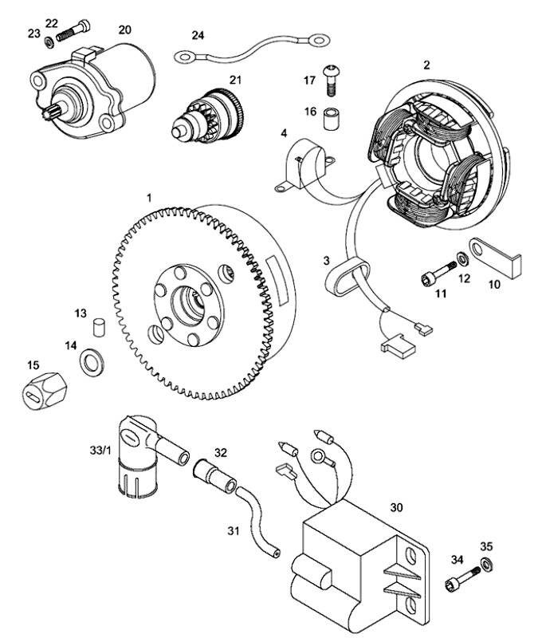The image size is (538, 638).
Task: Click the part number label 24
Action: tap(198, 35)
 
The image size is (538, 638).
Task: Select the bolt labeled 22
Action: tap(73, 30)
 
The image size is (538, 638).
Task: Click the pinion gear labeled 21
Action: tap(207, 116)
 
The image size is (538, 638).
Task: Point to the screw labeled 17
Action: tap(330, 80)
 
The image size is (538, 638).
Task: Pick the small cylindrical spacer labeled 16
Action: tap(331, 118)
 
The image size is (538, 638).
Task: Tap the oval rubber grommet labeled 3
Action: tap(348, 278)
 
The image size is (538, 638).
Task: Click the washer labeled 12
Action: tap(462, 258)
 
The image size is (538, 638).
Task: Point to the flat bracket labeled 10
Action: tap(495, 258)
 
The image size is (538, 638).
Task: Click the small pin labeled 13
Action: tap(97, 328)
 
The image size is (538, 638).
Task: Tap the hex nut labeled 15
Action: tap(44, 390)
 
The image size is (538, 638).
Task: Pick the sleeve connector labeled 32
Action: tap(214, 475)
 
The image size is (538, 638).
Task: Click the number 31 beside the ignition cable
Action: tap(234, 531)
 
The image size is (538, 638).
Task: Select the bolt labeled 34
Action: tap(462, 579)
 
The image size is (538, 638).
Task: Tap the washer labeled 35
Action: tap(486, 564)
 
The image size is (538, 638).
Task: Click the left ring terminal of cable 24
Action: tap(186, 57)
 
